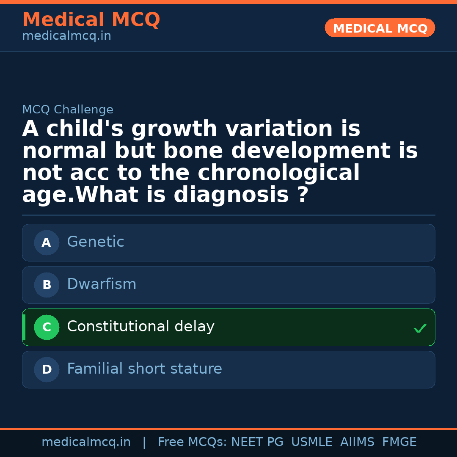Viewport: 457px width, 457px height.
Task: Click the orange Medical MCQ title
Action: point(91,19)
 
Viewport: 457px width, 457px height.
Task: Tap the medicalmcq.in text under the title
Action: point(67,36)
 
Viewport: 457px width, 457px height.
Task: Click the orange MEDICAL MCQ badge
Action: point(380,28)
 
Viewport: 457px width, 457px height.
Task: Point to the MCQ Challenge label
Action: point(68,109)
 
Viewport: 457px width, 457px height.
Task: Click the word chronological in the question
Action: point(278,173)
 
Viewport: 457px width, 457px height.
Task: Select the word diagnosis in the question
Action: point(231,195)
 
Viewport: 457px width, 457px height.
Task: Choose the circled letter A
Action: point(47,242)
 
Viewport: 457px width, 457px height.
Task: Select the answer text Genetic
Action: point(96,242)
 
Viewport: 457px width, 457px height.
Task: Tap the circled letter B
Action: point(47,285)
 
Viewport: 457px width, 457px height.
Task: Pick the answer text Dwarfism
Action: point(102,284)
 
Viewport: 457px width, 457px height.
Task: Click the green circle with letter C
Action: point(47,327)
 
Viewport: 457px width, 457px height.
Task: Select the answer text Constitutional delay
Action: point(141,326)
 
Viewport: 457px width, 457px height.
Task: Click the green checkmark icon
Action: point(420,328)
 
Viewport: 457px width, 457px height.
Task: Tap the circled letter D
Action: point(47,369)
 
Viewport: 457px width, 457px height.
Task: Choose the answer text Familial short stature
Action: point(145,369)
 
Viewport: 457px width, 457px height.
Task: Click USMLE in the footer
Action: point(312,442)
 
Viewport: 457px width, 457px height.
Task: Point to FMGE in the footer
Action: point(399,442)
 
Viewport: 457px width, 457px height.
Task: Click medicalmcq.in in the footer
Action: point(86,442)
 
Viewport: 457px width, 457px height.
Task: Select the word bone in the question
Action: point(193,151)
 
